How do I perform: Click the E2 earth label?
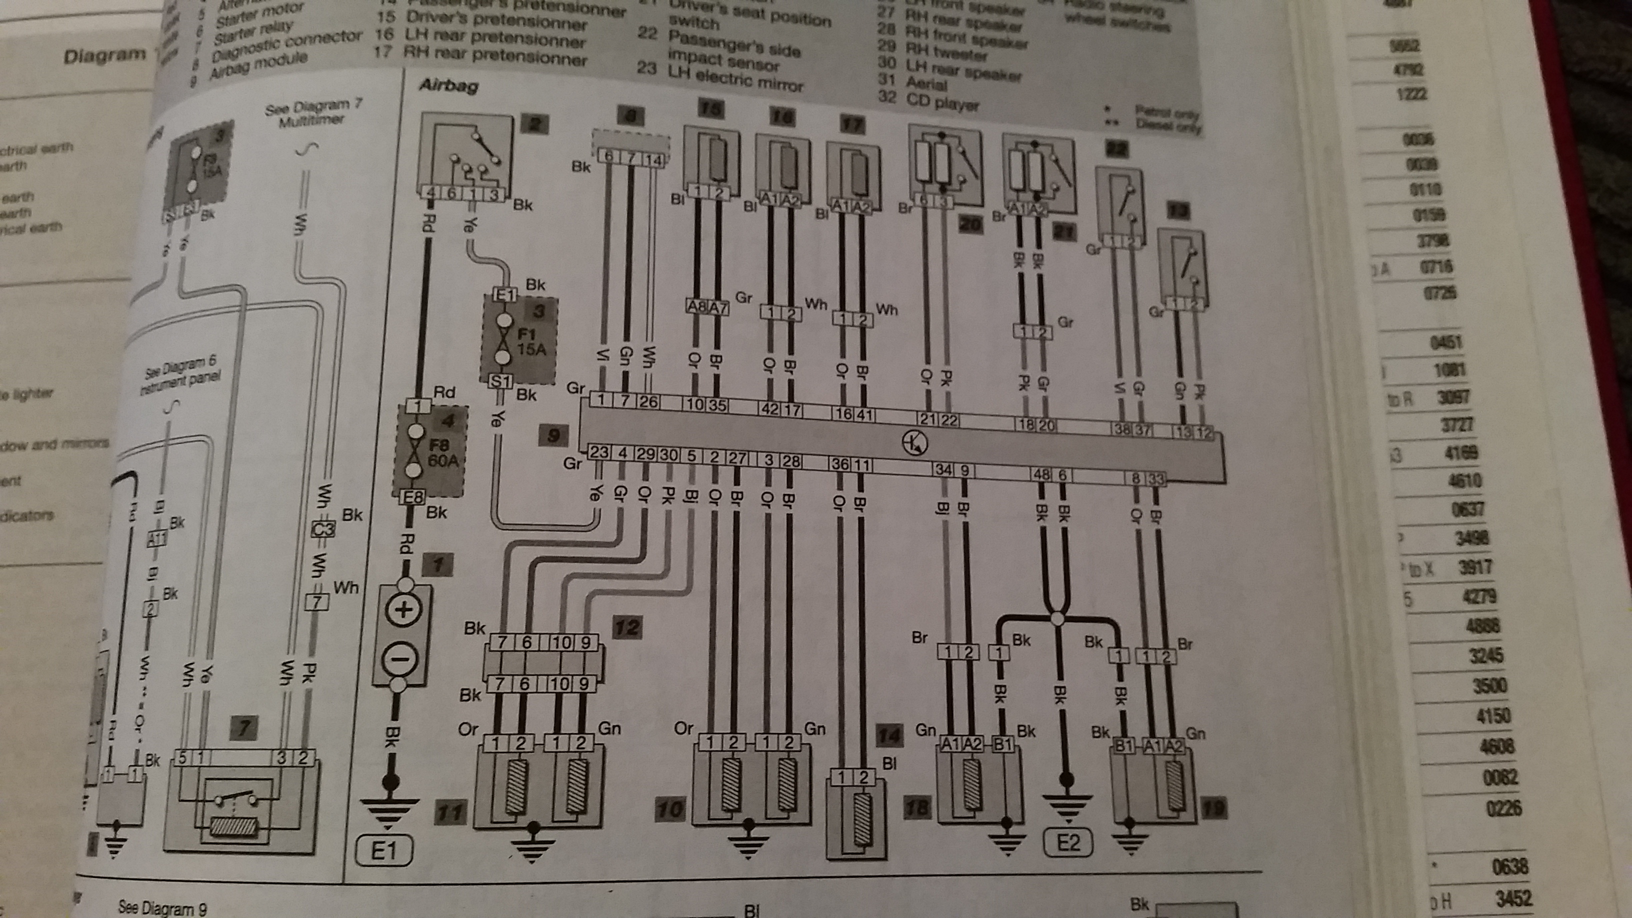click(1067, 842)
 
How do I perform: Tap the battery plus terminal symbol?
click(403, 610)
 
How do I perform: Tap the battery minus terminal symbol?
click(401, 659)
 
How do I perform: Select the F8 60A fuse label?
click(441, 453)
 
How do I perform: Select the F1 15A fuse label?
click(530, 341)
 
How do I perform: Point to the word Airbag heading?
click(448, 85)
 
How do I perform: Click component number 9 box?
click(553, 435)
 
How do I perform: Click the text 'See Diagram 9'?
click(162, 907)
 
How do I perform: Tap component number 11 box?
click(450, 811)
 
